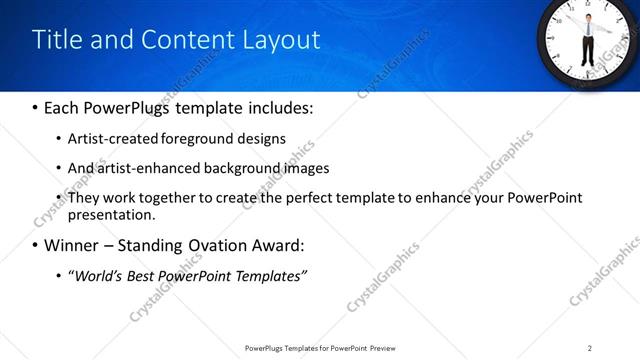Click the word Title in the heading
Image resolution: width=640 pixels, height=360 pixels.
coord(56,40)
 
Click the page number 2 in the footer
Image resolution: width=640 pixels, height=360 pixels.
coord(590,347)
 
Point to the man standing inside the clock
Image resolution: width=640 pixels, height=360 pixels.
coord(589,36)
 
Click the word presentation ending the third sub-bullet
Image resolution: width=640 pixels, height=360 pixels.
coord(111,214)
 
